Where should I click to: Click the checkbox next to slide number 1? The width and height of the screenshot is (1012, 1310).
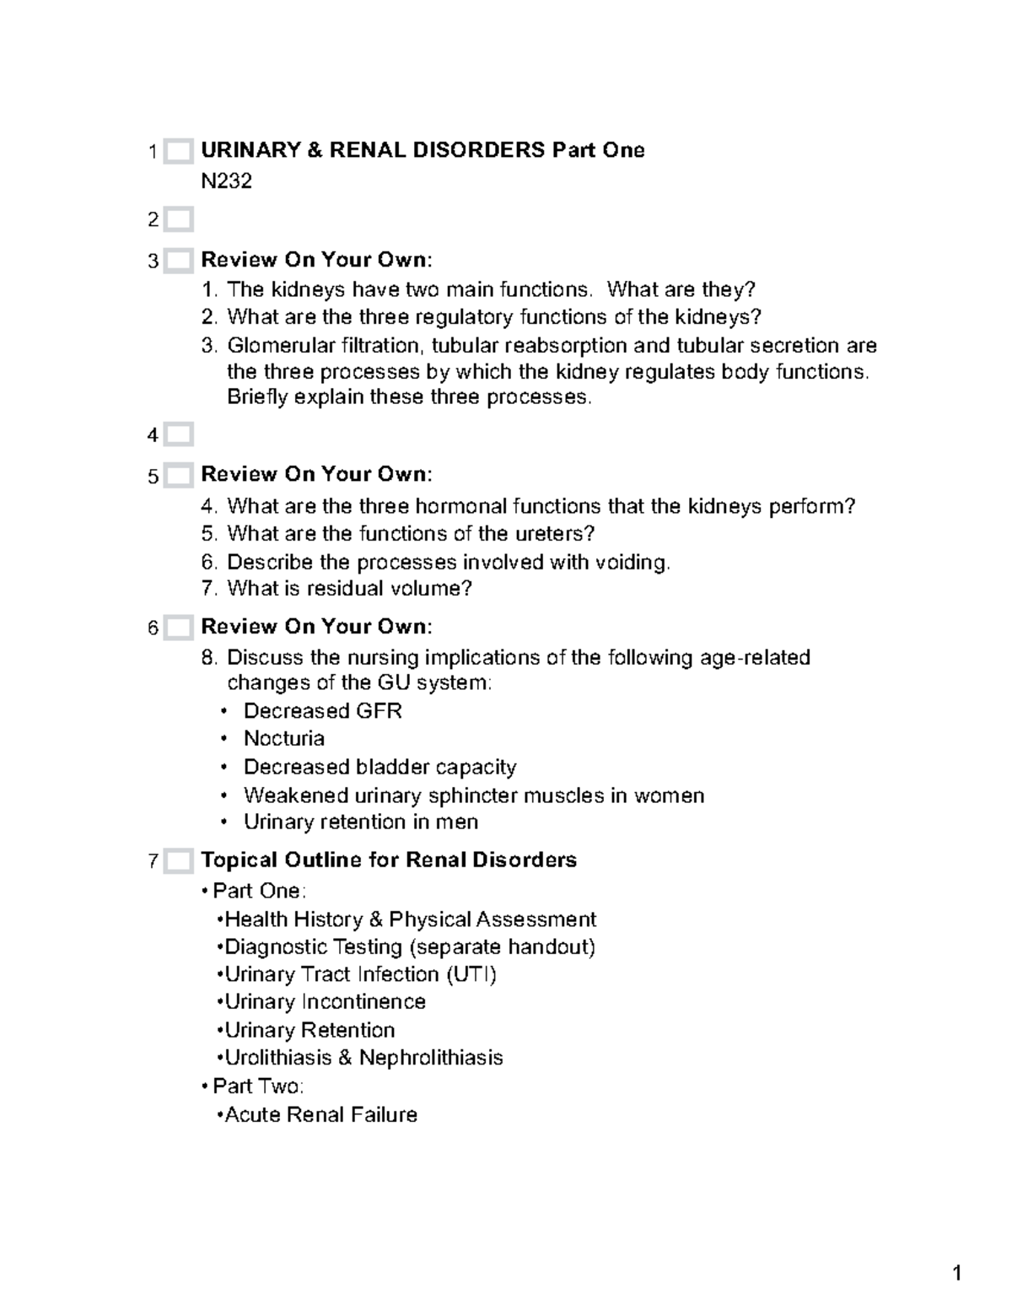click(x=178, y=152)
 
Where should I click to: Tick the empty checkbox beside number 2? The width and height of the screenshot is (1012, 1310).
click(x=178, y=220)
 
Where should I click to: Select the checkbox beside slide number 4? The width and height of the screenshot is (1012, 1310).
click(x=178, y=435)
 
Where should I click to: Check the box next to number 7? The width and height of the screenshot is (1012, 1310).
click(x=178, y=861)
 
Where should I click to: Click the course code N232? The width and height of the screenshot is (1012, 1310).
click(x=226, y=181)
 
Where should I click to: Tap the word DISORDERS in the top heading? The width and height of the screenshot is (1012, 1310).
click(x=478, y=150)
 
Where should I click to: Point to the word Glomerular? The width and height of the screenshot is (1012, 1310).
click(x=276, y=346)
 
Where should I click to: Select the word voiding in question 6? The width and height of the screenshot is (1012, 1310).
click(x=632, y=563)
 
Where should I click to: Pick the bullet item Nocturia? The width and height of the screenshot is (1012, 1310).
click(x=283, y=739)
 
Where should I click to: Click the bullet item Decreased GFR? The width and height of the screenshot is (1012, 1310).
click(x=322, y=711)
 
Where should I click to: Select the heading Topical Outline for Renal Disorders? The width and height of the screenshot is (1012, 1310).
click(x=389, y=860)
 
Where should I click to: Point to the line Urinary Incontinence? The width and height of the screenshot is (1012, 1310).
click(x=325, y=1002)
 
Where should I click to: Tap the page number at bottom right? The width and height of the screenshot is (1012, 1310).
click(x=957, y=1274)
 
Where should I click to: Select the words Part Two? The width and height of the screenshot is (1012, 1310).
click(x=257, y=1086)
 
